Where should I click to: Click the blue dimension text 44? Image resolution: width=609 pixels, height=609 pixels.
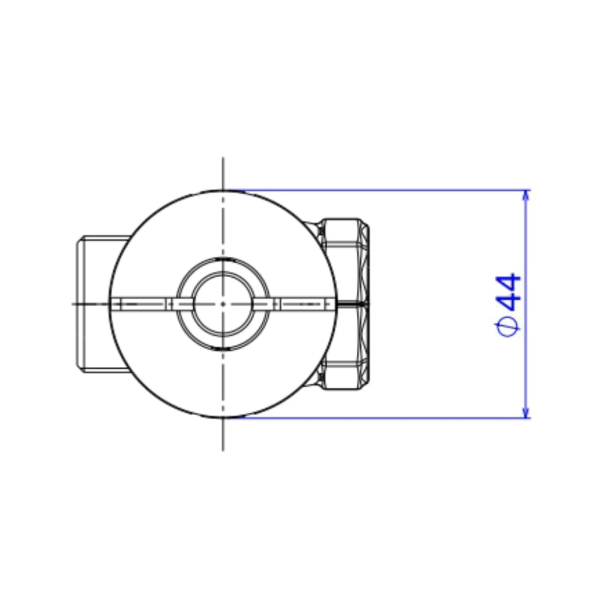(508, 293)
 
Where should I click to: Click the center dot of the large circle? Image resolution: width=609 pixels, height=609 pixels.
(223, 304)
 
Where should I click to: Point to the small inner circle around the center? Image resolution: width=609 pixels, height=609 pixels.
(223, 272)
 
